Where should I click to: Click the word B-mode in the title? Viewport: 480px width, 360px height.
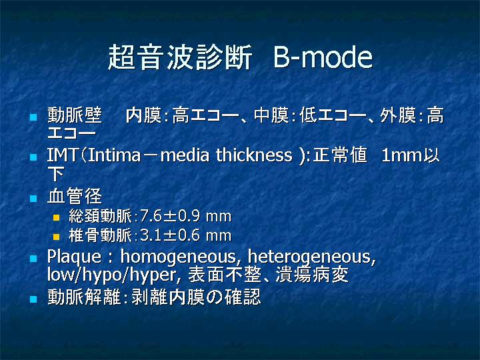[323, 57]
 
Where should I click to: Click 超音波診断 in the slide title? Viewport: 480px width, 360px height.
[180, 57]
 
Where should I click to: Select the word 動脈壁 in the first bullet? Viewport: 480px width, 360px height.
[75, 115]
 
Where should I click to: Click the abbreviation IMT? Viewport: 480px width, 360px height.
[62, 155]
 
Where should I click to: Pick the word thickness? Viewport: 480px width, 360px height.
[254, 155]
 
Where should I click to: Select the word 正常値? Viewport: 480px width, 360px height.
[340, 155]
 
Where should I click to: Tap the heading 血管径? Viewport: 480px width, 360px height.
[75, 196]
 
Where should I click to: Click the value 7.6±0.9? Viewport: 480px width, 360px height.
[171, 216]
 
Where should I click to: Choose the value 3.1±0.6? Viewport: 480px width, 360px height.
[171, 235]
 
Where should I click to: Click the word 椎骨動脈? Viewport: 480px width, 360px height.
[100, 235]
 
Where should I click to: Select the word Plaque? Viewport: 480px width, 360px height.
[74, 257]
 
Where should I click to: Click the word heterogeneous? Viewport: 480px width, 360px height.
[311, 257]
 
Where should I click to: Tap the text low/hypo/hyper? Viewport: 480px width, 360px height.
[112, 275]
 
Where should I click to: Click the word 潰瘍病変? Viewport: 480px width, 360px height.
[312, 275]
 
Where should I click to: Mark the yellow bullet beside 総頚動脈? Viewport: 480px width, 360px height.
[56, 217]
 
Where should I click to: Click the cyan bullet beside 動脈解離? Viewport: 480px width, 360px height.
[33, 299]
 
